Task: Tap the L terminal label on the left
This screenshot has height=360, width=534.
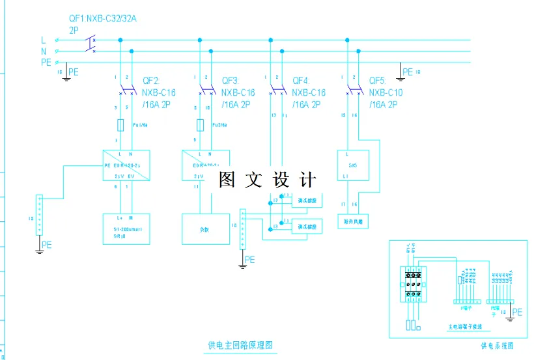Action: [x=44, y=40]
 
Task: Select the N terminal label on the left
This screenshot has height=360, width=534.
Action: [x=44, y=51]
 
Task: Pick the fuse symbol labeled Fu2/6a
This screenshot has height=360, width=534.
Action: [x=200, y=125]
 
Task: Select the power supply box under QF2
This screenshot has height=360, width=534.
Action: [x=126, y=166]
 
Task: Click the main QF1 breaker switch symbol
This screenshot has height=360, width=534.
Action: [x=90, y=45]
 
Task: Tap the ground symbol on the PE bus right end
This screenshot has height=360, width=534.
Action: [x=399, y=77]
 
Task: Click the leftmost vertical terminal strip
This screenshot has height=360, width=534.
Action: [x=40, y=214]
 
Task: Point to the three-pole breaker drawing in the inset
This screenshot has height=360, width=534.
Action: [x=412, y=284]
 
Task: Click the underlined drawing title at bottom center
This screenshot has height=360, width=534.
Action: [x=239, y=344]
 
